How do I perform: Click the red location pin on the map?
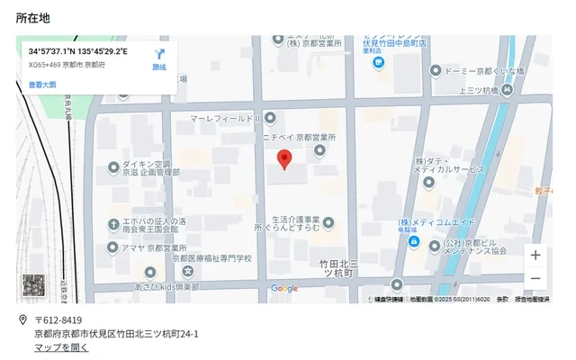tap(284, 160)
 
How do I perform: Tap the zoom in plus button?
tap(535, 256)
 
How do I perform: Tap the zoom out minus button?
tap(535, 278)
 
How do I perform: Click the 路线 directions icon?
tap(159, 58)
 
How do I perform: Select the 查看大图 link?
tap(42, 85)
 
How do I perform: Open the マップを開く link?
tap(61, 347)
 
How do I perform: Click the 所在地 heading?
tap(32, 18)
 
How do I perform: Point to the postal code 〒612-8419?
tap(58, 320)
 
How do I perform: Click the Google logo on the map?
tap(284, 289)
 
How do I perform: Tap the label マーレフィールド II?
tap(225, 118)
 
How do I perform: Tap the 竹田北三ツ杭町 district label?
tap(339, 267)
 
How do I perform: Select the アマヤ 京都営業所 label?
tap(154, 247)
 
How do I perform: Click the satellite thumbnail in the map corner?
tap(34, 287)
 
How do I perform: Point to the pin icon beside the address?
tap(22, 320)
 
